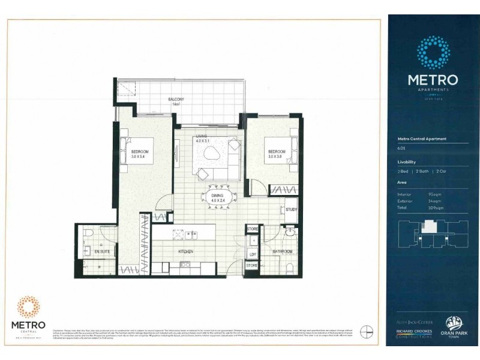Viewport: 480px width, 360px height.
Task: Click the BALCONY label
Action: (176, 101)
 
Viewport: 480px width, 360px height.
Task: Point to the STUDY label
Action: (292, 209)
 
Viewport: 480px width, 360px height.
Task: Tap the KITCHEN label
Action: (184, 252)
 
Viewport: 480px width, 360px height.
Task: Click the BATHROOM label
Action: (282, 252)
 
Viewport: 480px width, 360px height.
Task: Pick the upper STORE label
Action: (253, 229)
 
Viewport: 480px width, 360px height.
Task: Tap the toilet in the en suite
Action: (87, 233)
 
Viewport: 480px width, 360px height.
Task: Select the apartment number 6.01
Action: (401, 148)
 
